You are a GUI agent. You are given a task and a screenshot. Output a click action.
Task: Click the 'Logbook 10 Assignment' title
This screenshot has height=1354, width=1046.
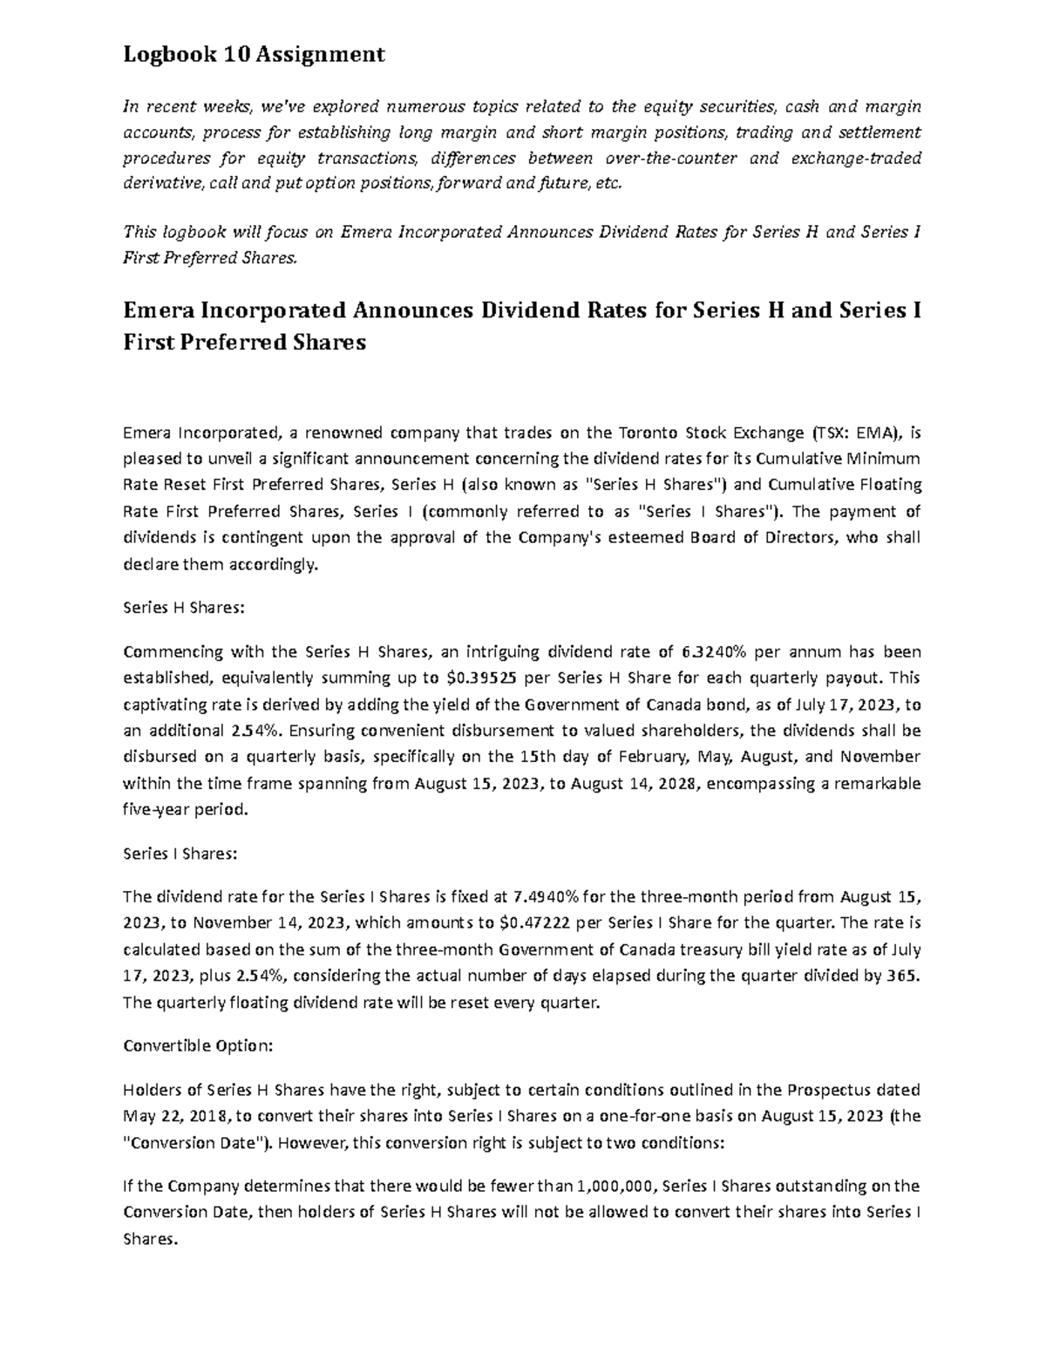pos(254,55)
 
